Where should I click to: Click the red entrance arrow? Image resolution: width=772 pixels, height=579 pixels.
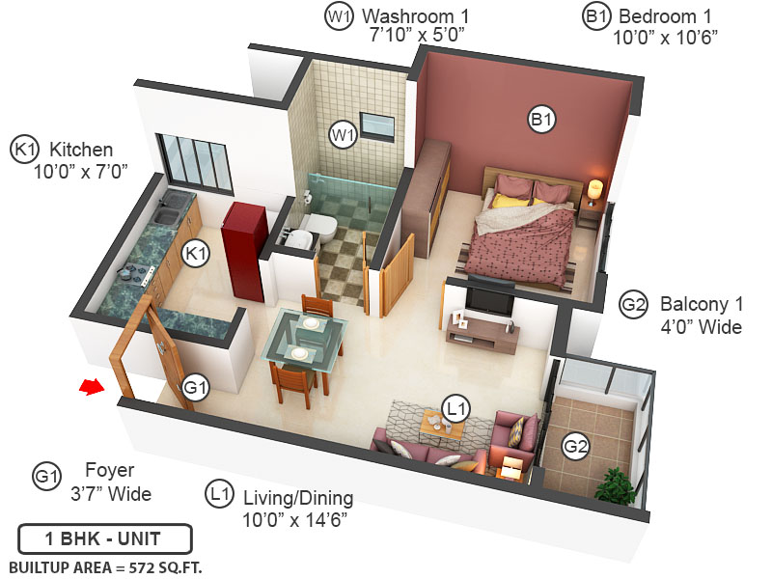point(90,387)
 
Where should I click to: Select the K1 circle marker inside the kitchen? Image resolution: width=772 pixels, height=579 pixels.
point(197,254)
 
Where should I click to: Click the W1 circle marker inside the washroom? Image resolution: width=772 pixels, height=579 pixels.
point(343,134)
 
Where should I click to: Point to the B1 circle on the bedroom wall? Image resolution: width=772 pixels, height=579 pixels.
point(541,119)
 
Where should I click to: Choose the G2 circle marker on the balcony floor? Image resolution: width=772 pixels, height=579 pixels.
point(576,447)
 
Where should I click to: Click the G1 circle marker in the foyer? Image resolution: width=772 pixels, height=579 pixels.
point(197,388)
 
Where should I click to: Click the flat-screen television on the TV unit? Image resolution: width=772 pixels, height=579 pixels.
point(489,297)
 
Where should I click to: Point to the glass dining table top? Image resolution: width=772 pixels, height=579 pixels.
point(306,338)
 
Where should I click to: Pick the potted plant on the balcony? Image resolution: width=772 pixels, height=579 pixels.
point(615,484)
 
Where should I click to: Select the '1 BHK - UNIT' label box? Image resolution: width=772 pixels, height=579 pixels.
point(104,538)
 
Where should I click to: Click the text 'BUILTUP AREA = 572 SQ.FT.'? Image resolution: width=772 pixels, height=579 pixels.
point(105,566)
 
